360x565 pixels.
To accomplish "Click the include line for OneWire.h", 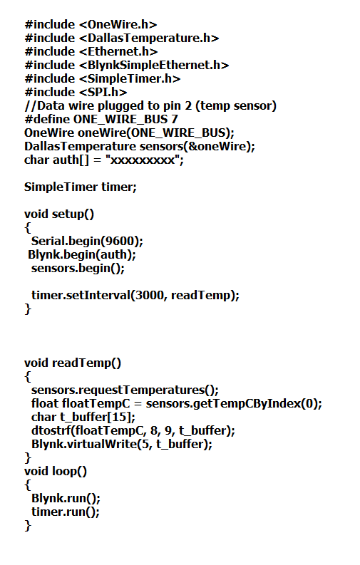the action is pyautogui.click(x=91, y=24).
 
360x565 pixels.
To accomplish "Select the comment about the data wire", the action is pyautogui.click(x=150, y=106).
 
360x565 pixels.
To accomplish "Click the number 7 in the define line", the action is pyautogui.click(x=175, y=119).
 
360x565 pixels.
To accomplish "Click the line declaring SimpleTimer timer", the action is pyautogui.click(x=81, y=187).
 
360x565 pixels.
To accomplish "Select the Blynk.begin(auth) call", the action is pyautogui.click(x=82, y=255).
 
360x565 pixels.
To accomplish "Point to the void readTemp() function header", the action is pyautogui.click(x=73, y=363).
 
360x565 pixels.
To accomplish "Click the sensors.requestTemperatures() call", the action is pyautogui.click(x=125, y=390).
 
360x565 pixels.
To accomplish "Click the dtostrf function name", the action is pyautogui.click(x=51, y=430).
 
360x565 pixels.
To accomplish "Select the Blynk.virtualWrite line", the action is pyautogui.click(x=122, y=444).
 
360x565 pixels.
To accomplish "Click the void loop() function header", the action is pyautogui.click(x=56, y=472).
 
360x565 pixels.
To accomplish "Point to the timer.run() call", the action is pyautogui.click(x=66, y=512).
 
